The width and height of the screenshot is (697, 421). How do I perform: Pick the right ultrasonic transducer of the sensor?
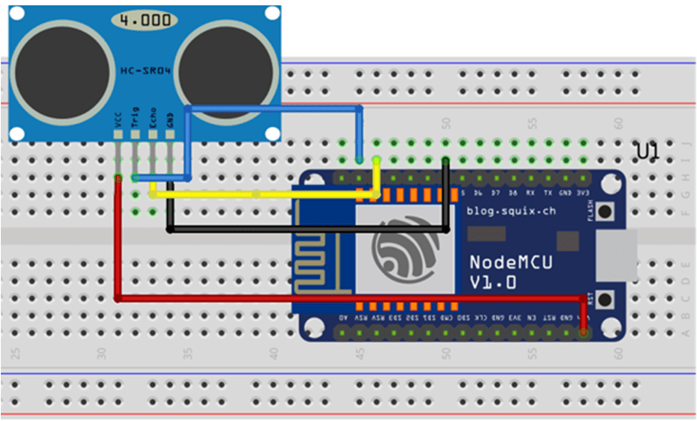pos(223,73)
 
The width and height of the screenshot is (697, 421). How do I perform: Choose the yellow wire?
pos(263,195)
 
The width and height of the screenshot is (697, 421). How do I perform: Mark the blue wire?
pos(272,107)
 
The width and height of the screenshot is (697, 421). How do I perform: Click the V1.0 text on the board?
pos(493,282)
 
